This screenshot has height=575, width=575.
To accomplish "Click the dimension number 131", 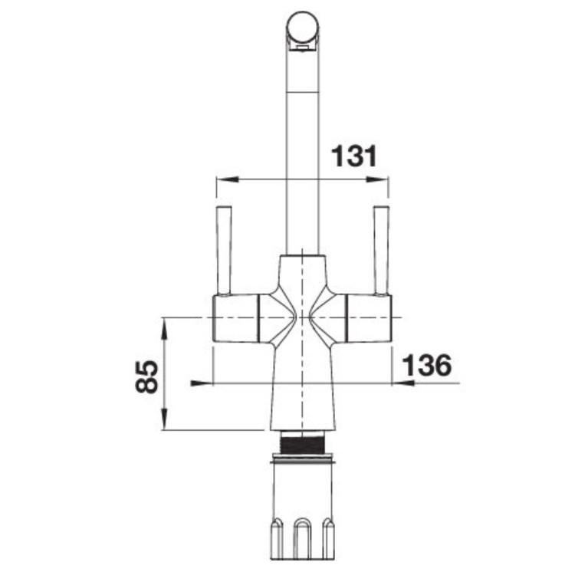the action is [354, 156].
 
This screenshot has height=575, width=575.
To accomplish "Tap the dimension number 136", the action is [427, 365].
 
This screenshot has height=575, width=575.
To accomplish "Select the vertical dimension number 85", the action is [146, 376].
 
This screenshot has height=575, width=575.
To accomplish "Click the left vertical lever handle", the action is [224, 250].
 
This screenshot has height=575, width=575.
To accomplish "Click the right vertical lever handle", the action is [381, 250].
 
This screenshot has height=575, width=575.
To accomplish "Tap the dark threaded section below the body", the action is [302, 442].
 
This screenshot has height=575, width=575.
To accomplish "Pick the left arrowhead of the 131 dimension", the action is [228, 179].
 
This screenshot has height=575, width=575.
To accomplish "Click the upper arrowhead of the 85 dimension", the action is [165, 329].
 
